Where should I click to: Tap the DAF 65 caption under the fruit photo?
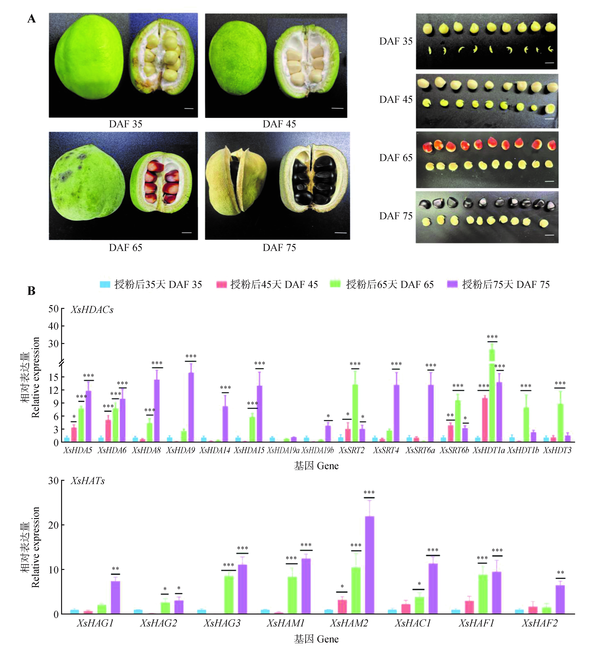[126, 248]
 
